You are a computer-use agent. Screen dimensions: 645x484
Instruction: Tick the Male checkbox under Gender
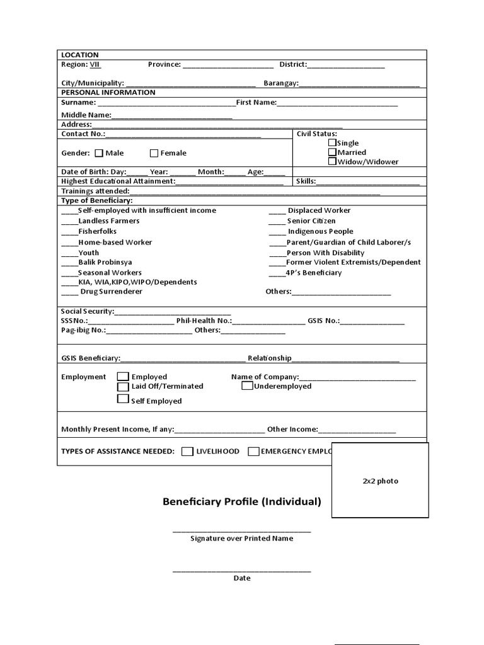(99, 153)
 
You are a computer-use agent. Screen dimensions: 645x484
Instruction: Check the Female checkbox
(154, 153)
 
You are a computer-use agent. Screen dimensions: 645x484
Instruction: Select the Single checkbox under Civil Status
(332, 143)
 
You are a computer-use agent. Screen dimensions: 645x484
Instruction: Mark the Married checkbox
(332, 152)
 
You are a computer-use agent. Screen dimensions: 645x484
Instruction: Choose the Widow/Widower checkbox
(332, 162)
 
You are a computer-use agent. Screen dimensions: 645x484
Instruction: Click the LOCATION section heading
(79, 55)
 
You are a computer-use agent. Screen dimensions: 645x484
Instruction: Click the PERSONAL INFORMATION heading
(108, 92)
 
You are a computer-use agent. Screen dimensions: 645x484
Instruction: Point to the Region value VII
(95, 64)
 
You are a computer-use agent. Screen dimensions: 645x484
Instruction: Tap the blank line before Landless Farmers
(69, 222)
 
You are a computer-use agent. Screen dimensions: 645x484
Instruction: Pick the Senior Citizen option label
(311, 221)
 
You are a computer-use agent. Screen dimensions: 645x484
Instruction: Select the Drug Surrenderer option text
(111, 292)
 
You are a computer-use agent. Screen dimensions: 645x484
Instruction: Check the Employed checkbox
(123, 377)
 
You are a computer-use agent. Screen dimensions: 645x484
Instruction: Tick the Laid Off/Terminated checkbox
(123, 386)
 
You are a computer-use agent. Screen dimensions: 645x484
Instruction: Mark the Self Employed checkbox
(123, 399)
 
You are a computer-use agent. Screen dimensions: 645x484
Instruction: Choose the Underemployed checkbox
(247, 386)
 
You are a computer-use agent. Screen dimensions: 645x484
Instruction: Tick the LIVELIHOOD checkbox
(187, 451)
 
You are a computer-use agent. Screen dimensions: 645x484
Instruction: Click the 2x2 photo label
(380, 481)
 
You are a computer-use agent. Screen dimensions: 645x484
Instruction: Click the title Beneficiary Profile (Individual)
(242, 502)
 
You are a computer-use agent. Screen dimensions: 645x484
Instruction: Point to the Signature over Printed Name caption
(241, 539)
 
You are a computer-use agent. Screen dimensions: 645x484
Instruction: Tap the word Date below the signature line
(242, 578)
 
